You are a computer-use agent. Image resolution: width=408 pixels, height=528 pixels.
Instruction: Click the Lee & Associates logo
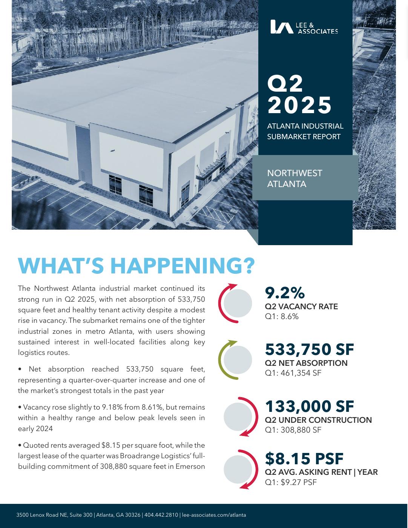click(x=304, y=27)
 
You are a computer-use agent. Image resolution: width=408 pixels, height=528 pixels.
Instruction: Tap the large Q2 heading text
click(x=285, y=83)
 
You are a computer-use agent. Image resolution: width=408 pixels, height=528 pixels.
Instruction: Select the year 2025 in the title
click(x=300, y=105)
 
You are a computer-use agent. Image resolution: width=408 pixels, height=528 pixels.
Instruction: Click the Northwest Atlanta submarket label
click(x=294, y=178)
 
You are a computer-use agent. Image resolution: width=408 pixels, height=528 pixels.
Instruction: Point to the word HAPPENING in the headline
click(x=183, y=266)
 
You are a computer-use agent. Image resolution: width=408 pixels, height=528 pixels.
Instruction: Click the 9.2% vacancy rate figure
click(x=285, y=293)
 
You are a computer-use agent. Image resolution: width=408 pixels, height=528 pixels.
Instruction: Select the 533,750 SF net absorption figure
click(x=309, y=349)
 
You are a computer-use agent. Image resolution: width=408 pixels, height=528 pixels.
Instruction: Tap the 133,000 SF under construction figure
click(x=309, y=406)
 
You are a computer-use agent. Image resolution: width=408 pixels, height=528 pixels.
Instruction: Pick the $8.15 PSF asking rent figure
click(x=304, y=459)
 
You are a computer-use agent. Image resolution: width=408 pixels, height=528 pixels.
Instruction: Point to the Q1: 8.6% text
click(x=282, y=316)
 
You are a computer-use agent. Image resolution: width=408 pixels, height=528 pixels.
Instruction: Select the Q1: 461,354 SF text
click(x=293, y=373)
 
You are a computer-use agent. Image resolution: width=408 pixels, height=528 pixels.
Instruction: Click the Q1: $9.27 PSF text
click(x=291, y=482)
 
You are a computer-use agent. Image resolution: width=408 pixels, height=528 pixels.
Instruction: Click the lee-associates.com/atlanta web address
click(x=214, y=515)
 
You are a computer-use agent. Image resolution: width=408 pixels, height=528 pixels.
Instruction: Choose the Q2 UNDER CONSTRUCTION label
click(x=318, y=420)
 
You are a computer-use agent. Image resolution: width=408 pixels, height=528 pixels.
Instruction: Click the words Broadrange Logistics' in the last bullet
click(x=153, y=456)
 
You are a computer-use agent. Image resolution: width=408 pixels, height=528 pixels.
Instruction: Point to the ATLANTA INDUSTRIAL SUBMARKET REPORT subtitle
click(x=305, y=131)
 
